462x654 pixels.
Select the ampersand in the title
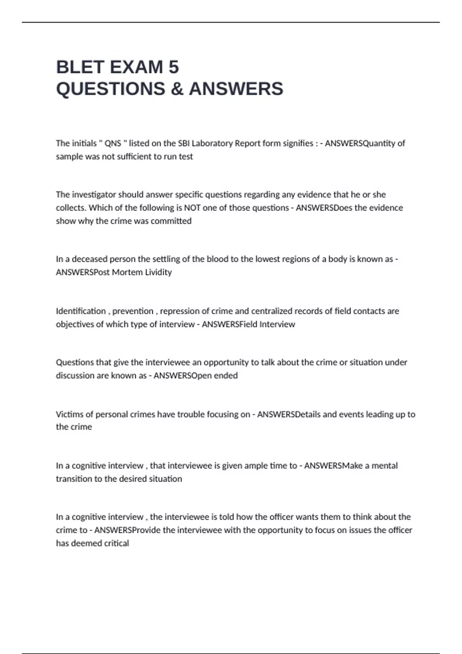176,89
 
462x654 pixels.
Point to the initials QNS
113,143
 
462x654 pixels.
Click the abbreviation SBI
184,143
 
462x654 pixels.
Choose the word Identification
81,311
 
